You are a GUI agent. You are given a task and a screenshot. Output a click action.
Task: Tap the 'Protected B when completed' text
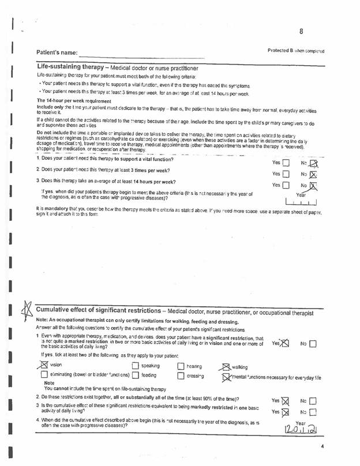click(296, 51)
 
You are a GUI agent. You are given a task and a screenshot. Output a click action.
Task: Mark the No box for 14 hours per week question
click(313, 186)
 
